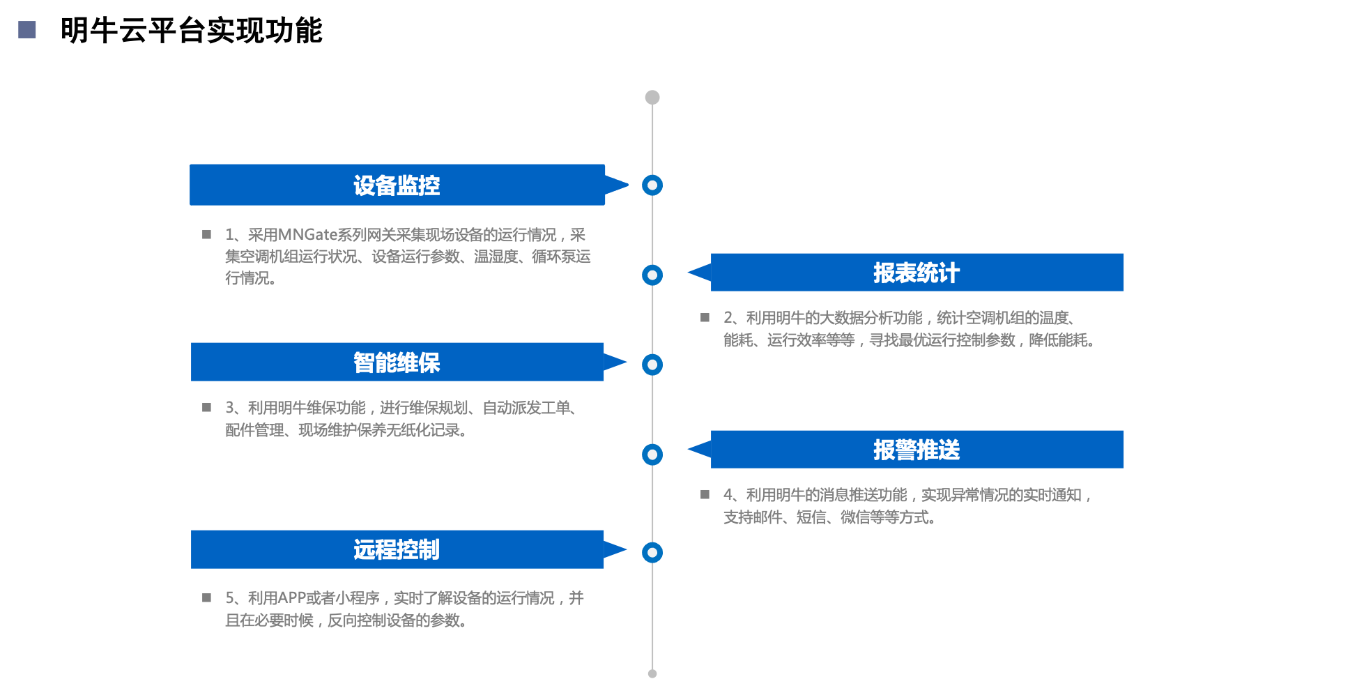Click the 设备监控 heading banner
coord(397,185)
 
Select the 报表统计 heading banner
coord(917,273)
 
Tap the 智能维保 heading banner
coord(397,363)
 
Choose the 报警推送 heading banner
coord(917,450)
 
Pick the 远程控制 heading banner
coord(397,549)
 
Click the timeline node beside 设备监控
coord(652,185)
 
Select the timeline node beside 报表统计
coord(652,275)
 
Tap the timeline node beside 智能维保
coord(652,364)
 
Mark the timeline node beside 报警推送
coord(652,455)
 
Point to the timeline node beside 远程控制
coord(652,552)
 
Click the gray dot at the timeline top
coord(652,97)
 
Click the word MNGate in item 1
coord(307,235)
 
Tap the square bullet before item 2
coord(705,318)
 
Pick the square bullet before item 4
coord(705,495)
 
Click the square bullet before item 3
coord(206,408)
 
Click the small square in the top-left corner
coord(27,29)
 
